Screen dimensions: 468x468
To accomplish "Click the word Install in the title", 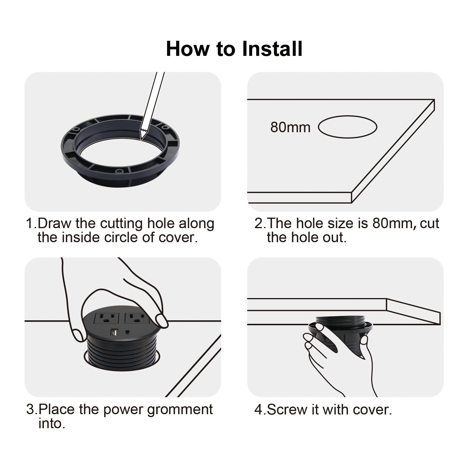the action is click(273, 49).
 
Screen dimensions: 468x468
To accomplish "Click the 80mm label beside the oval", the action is click(290, 127).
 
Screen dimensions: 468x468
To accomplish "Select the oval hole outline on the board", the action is click(347, 116).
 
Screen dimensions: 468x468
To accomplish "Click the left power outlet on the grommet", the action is click(106, 318).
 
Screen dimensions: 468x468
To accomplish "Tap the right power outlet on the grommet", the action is click(137, 318).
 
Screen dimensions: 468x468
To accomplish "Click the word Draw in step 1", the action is click(54, 223).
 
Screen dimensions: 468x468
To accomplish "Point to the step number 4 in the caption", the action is click(259, 409).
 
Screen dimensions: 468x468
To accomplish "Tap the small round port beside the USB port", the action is click(127, 333).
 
